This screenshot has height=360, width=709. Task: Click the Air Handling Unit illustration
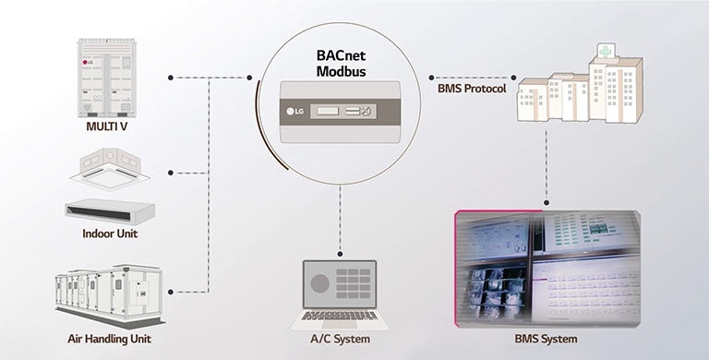click(109, 293)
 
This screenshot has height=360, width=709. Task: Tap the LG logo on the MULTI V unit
click(90, 64)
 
